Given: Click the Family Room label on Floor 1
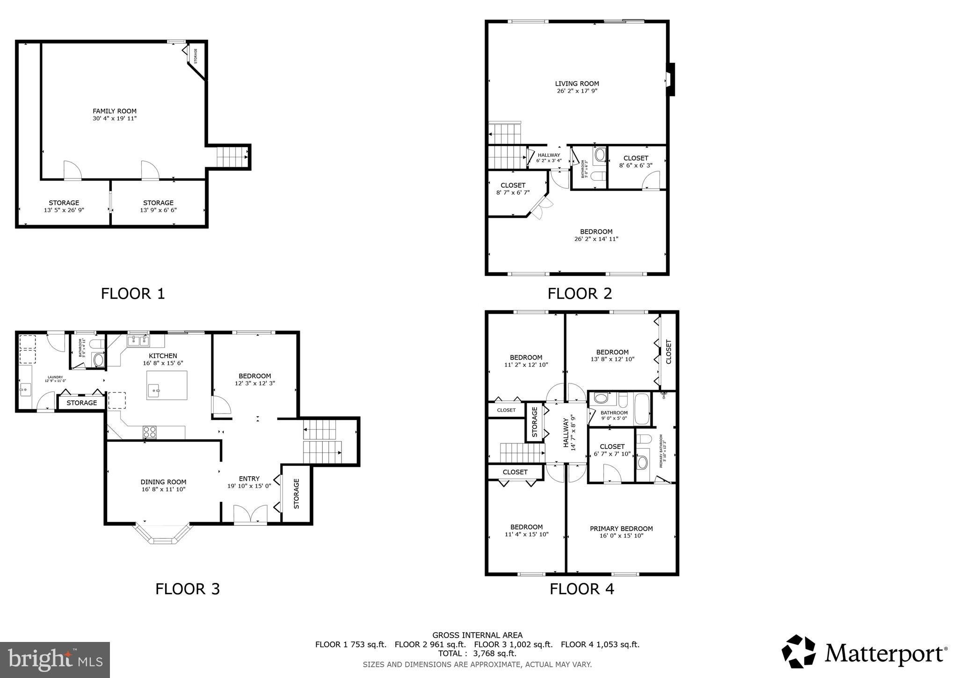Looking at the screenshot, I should point(115,111).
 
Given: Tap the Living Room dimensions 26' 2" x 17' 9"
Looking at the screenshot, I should point(577,91).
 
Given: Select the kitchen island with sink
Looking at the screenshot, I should point(167,385).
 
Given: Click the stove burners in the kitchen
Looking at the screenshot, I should point(150,432).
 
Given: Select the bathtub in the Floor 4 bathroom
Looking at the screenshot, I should point(642,409).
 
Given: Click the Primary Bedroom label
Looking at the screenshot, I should point(621,529).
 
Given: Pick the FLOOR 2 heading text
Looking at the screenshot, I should point(580,294).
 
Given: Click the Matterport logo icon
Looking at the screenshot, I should point(799,651).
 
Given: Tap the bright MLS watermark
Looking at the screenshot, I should point(55,660).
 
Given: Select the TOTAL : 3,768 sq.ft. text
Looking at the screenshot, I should point(477,654).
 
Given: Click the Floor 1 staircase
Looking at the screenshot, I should point(232,157).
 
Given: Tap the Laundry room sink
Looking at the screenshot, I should point(25,389).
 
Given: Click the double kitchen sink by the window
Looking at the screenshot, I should point(138,340).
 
